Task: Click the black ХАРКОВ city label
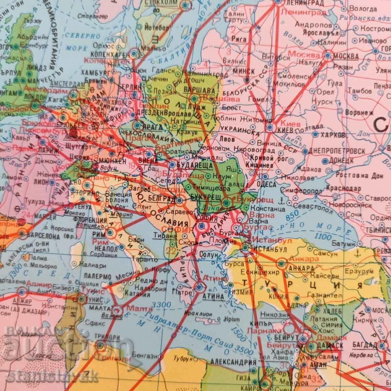pos(331,135)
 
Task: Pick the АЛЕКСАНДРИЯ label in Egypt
pos(233,362)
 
